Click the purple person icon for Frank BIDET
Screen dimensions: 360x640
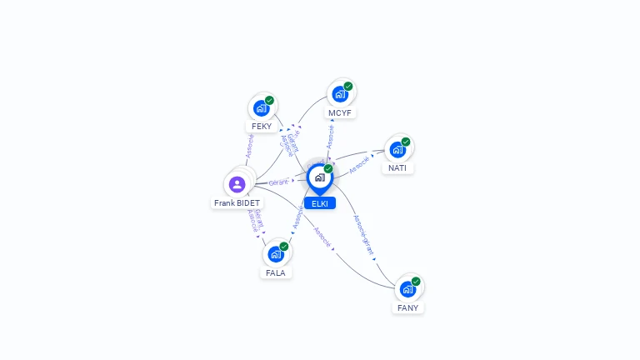[x=237, y=184]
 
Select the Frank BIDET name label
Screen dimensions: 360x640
[x=237, y=203]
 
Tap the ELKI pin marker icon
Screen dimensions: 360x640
[x=319, y=177]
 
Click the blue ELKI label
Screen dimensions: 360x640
[x=320, y=203]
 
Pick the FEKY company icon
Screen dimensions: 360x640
[x=262, y=108]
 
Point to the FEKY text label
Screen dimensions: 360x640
[x=262, y=127]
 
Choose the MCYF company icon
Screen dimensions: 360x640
[x=340, y=94]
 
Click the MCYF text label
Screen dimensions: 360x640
[x=340, y=112]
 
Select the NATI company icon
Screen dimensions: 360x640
[x=397, y=150]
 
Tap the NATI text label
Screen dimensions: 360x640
[x=397, y=168]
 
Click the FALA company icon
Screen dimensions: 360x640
[x=276, y=254]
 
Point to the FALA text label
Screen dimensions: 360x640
[x=276, y=272]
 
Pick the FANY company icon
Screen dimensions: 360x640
[x=407, y=289]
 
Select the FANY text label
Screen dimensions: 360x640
[x=408, y=307]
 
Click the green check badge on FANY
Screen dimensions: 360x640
[x=416, y=281]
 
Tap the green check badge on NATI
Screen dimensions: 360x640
[x=406, y=142]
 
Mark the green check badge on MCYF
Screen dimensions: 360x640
[x=348, y=86]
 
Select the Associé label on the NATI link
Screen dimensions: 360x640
[x=360, y=164]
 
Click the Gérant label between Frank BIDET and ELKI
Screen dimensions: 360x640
[x=278, y=182]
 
